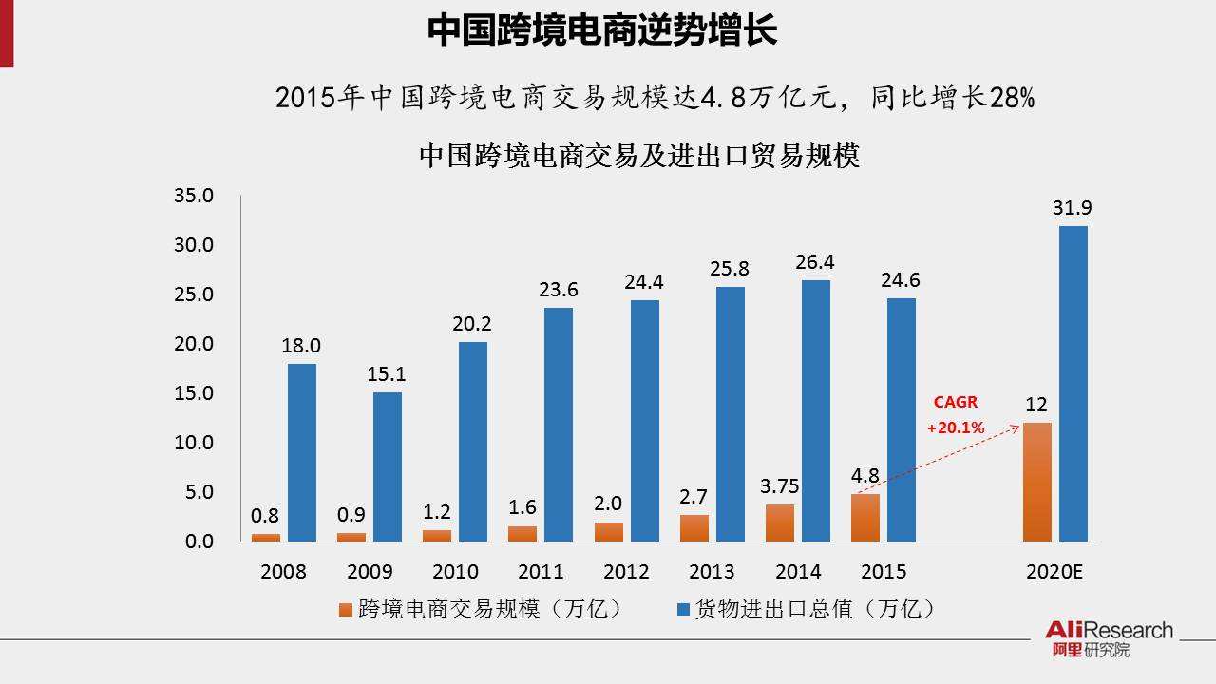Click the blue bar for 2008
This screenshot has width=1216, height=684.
point(302,452)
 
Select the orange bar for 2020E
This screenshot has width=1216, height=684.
point(1036,482)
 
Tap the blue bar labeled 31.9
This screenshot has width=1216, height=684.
point(1073,384)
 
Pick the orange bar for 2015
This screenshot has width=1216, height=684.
point(864,518)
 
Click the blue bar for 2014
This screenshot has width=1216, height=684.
point(816,410)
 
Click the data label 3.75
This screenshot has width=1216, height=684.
point(779,486)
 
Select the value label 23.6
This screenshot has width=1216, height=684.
point(558,290)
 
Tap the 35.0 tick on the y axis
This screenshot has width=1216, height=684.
point(194,196)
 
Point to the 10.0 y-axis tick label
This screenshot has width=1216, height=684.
point(194,443)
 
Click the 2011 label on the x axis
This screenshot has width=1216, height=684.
point(541,572)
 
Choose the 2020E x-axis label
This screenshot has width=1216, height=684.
point(1054,572)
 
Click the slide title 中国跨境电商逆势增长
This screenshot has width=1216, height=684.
point(602,30)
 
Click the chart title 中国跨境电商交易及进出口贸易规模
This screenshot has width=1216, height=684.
point(638,156)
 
